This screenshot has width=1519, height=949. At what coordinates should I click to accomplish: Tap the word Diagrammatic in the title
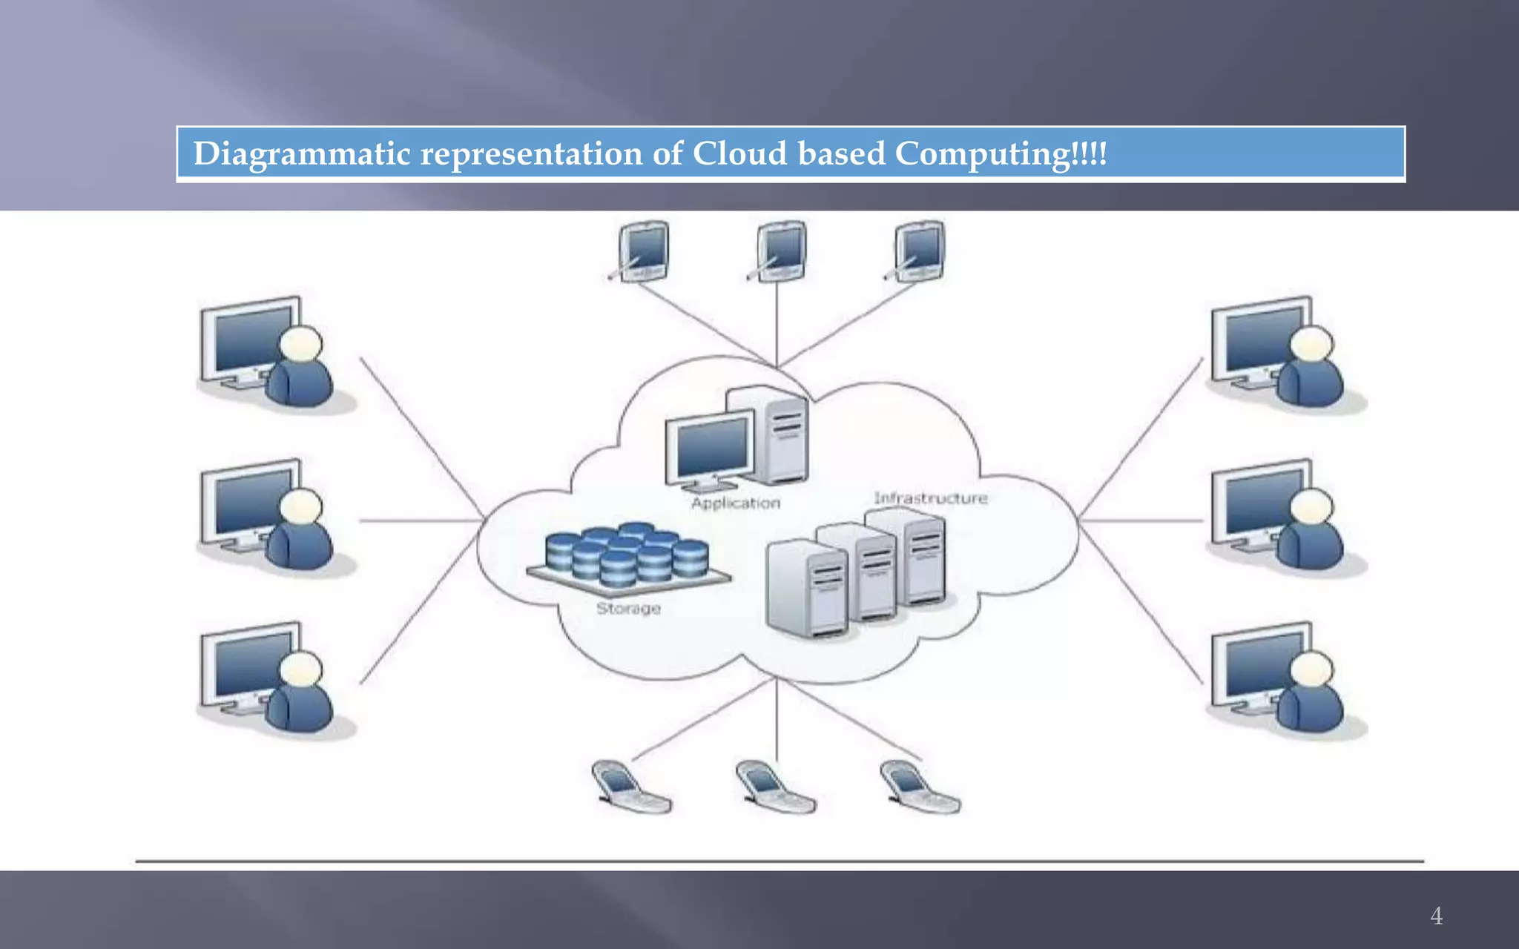301,154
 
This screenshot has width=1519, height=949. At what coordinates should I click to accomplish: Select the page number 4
1436,916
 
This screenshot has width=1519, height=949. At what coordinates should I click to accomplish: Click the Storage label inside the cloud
628,609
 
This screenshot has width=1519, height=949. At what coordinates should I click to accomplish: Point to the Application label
735,503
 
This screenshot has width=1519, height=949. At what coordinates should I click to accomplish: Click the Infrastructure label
930,498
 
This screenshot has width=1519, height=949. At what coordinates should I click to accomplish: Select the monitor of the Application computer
711,449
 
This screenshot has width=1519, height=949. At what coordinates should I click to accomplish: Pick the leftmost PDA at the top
643,251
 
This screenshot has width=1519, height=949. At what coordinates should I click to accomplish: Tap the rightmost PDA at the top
919,251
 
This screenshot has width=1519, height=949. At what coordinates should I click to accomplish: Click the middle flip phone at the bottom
774,788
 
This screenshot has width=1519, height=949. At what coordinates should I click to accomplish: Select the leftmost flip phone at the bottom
630,788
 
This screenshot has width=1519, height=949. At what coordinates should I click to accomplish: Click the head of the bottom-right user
1311,669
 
